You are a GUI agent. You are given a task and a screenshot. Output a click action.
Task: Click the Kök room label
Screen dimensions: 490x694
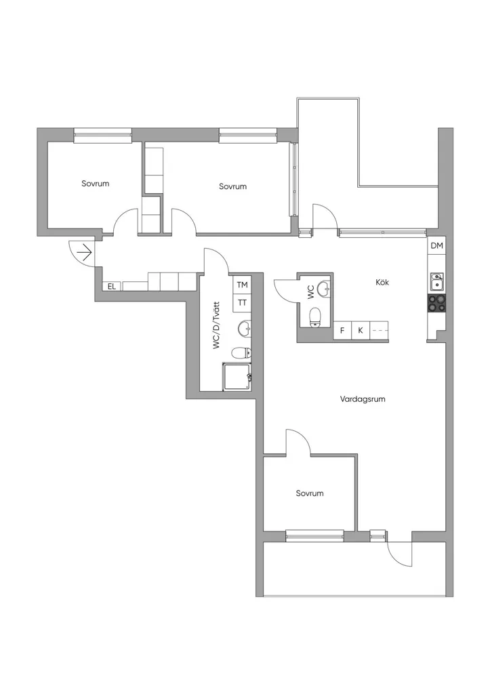click(x=382, y=283)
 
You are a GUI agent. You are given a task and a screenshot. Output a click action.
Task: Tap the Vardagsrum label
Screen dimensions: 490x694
click(x=363, y=399)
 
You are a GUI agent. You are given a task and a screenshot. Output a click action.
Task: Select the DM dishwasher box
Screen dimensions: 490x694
click(x=436, y=246)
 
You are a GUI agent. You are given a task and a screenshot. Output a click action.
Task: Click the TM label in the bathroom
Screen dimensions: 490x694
click(x=242, y=285)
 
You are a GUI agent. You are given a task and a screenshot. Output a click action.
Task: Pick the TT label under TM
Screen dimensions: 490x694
click(x=242, y=303)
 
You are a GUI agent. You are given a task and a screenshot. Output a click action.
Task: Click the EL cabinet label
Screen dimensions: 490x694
click(x=112, y=287)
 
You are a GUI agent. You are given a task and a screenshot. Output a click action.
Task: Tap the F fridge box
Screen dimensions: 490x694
click(x=342, y=330)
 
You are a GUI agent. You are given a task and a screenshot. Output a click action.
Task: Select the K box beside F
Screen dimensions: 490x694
click(x=361, y=330)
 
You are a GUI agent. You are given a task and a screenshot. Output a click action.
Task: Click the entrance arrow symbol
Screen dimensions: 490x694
click(x=84, y=253)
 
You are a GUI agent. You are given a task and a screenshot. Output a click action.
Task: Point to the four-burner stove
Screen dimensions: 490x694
click(x=436, y=304)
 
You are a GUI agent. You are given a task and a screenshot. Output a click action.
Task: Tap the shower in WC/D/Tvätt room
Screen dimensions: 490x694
click(x=237, y=377)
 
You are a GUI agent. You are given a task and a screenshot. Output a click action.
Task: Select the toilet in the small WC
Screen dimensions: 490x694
click(x=316, y=318)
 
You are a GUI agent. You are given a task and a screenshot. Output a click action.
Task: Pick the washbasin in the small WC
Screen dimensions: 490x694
click(x=325, y=289)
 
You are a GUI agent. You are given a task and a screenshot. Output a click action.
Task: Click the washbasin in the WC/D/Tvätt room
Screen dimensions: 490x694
click(x=245, y=329)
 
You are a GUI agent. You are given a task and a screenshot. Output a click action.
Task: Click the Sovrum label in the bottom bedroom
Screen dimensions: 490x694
click(x=310, y=493)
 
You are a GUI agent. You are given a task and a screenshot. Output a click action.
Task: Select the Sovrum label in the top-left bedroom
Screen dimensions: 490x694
click(x=95, y=183)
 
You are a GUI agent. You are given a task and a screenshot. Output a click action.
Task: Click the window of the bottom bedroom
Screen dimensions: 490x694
click(x=314, y=535)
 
